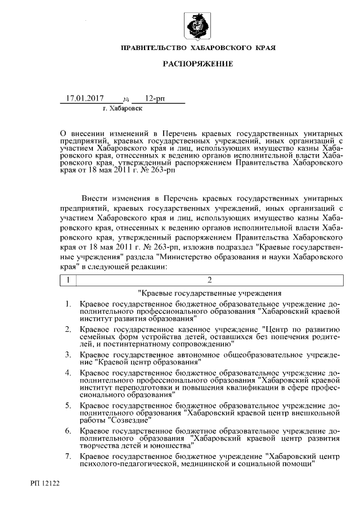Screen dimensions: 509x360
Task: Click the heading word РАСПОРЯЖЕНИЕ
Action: [197, 65]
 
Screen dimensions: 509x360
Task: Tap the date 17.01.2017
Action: [86, 98]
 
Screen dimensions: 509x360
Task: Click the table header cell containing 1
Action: [67, 280]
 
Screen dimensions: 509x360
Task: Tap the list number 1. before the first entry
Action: [67, 304]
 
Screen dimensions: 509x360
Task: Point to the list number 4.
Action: [67, 373]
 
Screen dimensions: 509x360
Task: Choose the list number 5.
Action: [67, 405]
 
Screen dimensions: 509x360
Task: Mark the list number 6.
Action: [67, 430]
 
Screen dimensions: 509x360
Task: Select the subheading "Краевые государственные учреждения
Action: [209, 293]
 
